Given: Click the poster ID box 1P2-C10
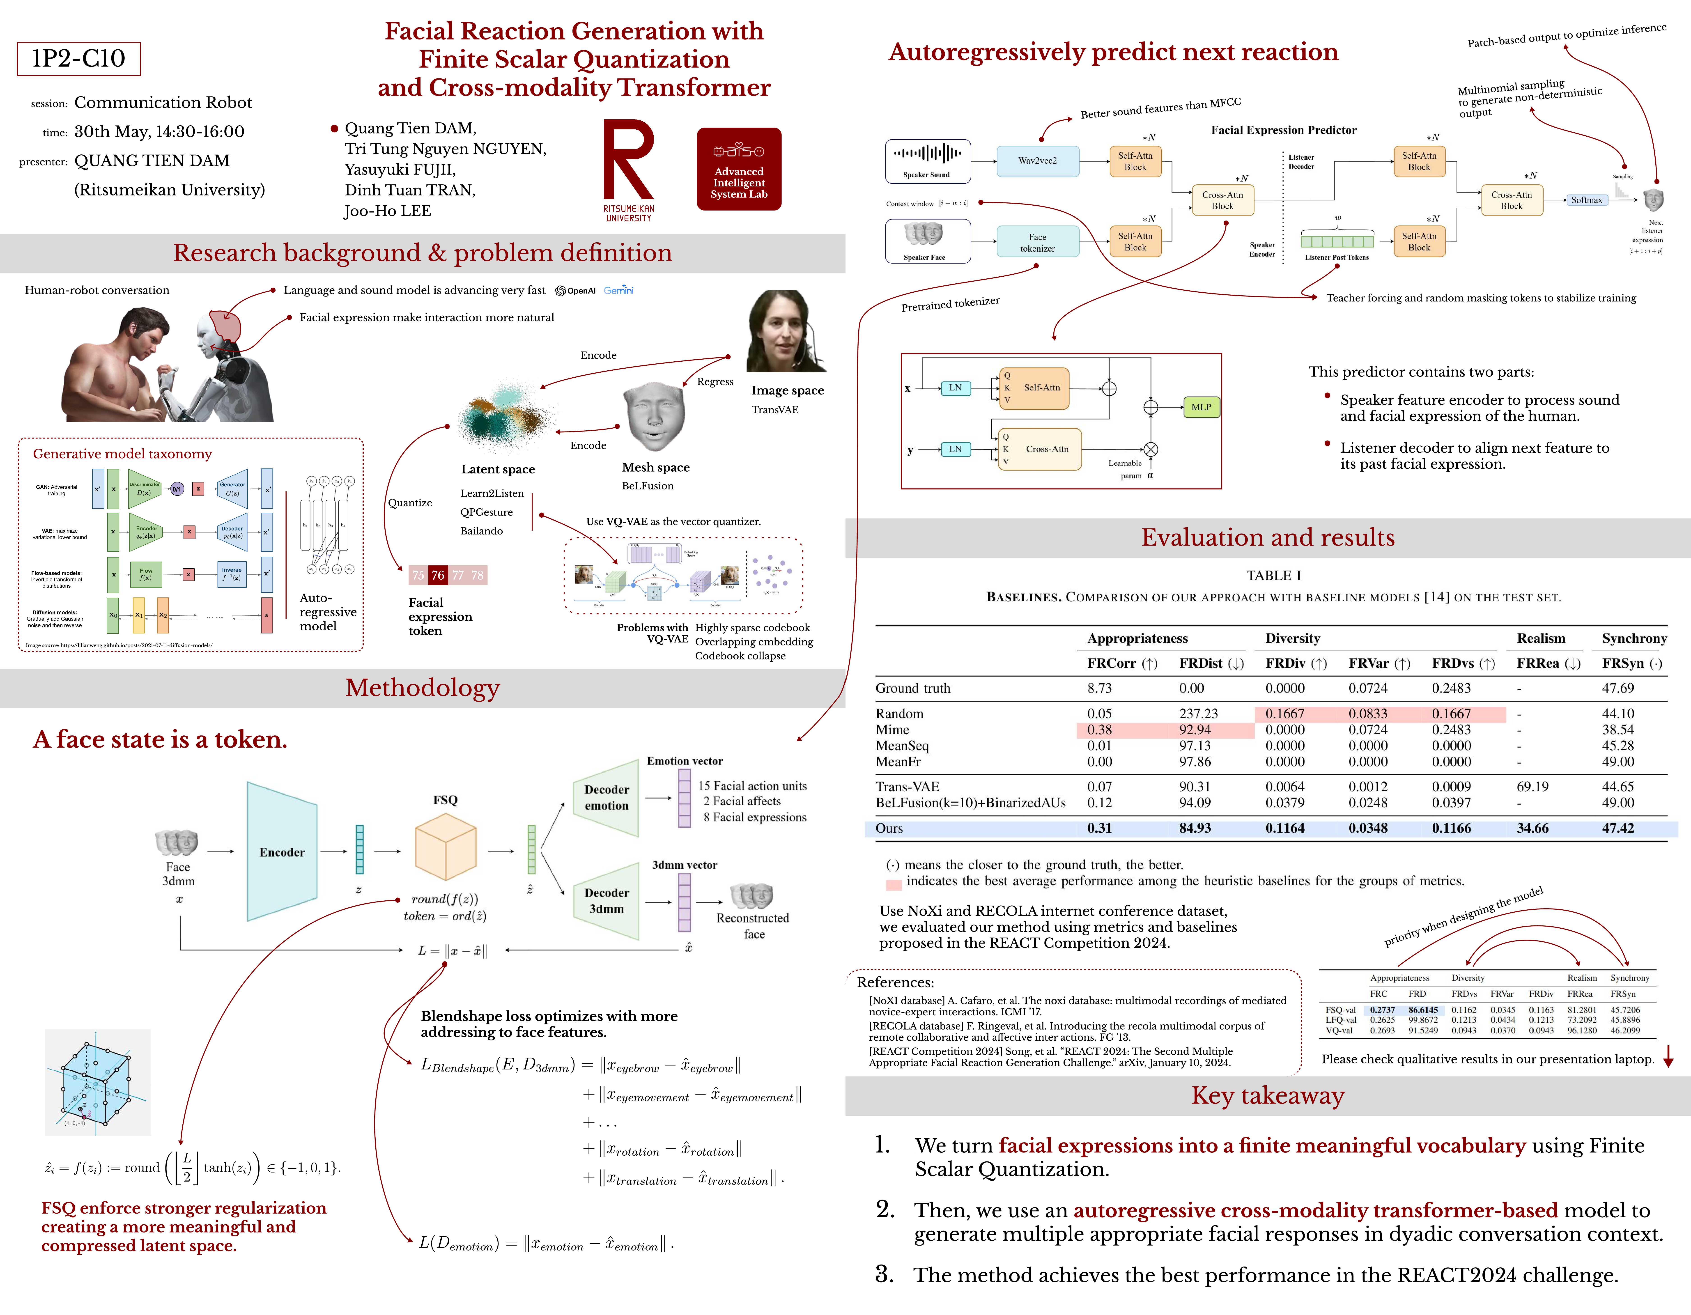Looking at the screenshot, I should [x=78, y=59].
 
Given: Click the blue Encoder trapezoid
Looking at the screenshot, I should [x=282, y=851].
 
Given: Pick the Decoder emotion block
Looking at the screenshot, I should [x=606, y=797].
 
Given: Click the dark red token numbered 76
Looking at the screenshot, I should [x=438, y=575].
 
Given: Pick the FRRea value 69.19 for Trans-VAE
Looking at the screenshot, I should [x=1532, y=786].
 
